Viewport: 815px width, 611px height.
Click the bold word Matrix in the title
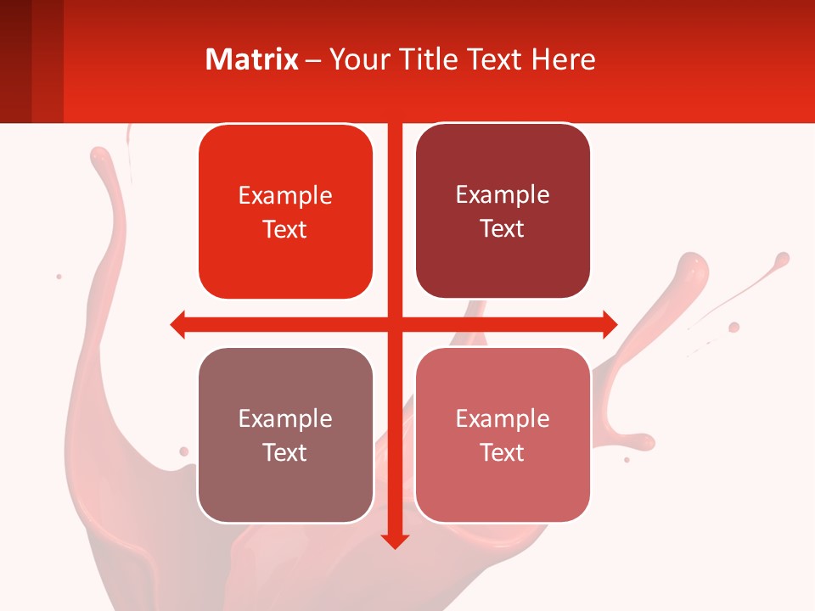click(x=252, y=59)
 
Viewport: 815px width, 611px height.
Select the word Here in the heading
click(x=563, y=59)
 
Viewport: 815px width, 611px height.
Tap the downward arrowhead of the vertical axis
click(x=395, y=541)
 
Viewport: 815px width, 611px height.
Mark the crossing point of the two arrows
click(x=395, y=324)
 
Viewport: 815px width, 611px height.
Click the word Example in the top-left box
click(x=285, y=196)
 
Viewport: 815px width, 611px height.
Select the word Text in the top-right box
click(x=503, y=229)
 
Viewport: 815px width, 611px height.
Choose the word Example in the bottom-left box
click(x=285, y=419)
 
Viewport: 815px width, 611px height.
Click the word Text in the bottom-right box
click(x=503, y=453)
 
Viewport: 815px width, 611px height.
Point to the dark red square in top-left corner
click(x=31, y=61)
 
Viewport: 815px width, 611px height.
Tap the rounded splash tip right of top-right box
click(x=693, y=265)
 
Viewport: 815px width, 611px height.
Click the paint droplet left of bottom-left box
click(x=183, y=451)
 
